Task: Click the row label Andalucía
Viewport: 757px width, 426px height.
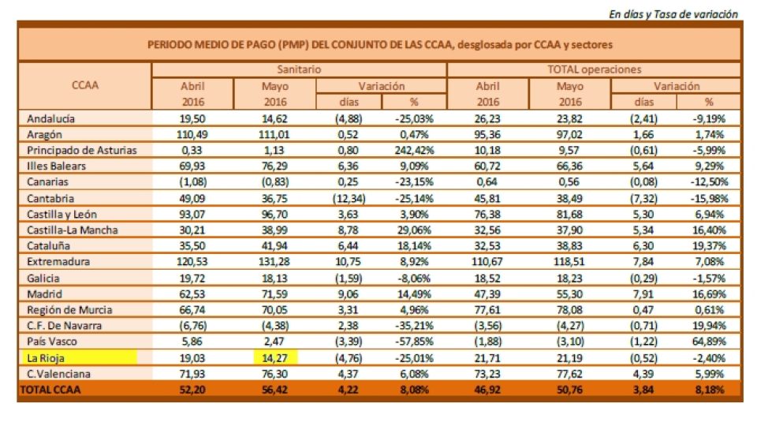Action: (x=51, y=118)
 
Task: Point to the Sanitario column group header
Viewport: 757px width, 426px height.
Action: (x=299, y=70)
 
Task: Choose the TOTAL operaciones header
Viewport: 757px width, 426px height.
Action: (x=594, y=70)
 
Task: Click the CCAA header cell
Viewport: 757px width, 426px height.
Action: (x=84, y=85)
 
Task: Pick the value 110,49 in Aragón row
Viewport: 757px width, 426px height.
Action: (x=192, y=135)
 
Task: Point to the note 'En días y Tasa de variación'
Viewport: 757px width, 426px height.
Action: (x=673, y=13)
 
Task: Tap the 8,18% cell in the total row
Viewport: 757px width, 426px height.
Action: (x=708, y=389)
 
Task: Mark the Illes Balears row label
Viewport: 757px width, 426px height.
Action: (x=58, y=166)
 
